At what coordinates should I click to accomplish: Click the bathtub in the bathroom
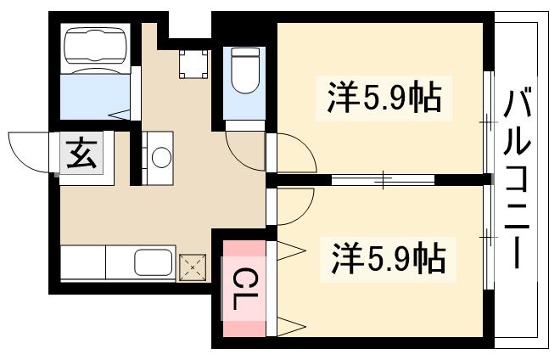[x=95, y=48]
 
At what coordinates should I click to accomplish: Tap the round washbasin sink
[x=158, y=156]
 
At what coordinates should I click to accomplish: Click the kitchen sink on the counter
[x=153, y=263]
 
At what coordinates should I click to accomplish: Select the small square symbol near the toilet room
[x=193, y=63]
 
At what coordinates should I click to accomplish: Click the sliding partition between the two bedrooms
[x=382, y=179]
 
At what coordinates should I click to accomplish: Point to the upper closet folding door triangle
[x=287, y=250]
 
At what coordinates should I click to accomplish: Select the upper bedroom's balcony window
[x=488, y=123]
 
